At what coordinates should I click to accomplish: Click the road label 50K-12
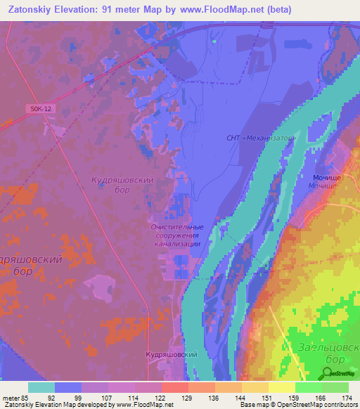[x=42, y=108]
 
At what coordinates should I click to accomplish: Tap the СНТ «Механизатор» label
[x=259, y=138]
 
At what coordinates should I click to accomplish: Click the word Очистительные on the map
[x=177, y=227]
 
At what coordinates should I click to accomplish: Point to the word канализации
[x=178, y=244]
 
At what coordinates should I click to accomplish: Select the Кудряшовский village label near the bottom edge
[x=171, y=356]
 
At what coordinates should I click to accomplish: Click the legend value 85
[x=28, y=397]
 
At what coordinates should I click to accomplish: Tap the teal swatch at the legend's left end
[x=41, y=387]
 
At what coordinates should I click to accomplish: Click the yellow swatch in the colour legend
[x=281, y=387]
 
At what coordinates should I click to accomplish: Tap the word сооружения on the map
[x=178, y=235]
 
